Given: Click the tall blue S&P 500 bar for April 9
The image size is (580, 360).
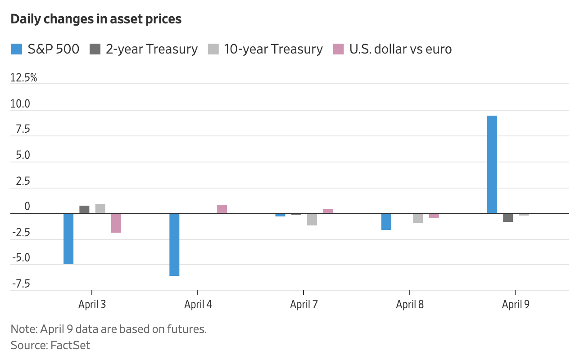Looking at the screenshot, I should click(492, 164).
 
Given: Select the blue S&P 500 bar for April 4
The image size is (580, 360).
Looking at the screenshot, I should click(174, 244).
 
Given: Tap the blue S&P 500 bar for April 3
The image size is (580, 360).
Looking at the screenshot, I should click(68, 238).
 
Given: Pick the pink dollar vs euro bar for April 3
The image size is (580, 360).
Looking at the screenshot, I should click(116, 223).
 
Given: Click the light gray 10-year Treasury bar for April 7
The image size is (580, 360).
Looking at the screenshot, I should click(312, 219).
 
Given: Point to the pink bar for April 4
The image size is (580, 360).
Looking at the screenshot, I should click(222, 209).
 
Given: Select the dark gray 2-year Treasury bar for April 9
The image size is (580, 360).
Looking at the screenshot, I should click(508, 217).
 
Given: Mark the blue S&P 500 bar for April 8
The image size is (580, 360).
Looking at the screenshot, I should click(386, 221).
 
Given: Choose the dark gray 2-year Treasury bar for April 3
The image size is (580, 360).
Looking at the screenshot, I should click(84, 209).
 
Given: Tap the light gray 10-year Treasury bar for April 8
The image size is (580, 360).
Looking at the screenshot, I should click(418, 218).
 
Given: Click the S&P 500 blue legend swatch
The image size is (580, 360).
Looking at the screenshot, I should click(16, 49).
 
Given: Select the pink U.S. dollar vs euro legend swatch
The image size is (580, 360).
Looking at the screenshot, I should click(338, 49).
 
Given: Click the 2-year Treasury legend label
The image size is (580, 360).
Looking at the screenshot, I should click(152, 49).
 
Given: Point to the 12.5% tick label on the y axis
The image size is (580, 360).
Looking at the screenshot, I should click(24, 78).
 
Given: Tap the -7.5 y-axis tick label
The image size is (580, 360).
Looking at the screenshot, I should click(21, 284).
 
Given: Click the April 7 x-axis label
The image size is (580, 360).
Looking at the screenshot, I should click(304, 305).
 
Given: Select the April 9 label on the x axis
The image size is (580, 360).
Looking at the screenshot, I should click(516, 305).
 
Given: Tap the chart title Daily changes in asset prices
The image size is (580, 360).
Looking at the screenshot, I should click(96, 19).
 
